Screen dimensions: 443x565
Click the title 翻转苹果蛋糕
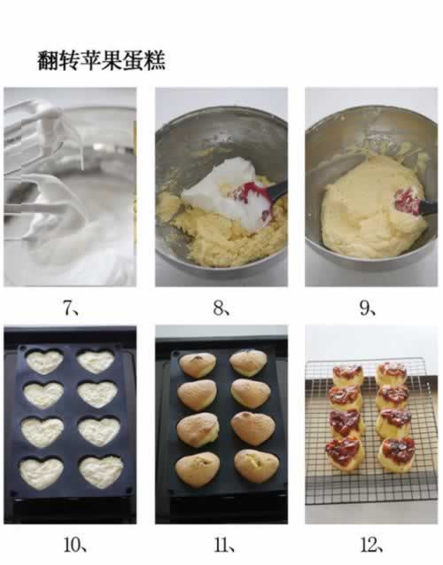coord(102,60)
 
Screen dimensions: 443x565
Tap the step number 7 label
coord(71,308)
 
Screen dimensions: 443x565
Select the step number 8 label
coord(221,308)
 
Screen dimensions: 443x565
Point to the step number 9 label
coord(368,308)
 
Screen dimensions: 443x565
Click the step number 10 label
coord(75,545)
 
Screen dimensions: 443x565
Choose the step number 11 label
coord(224,545)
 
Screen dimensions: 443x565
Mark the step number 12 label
coord(372,545)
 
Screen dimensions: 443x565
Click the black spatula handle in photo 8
coord(276,190)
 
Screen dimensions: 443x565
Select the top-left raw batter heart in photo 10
coord(44,362)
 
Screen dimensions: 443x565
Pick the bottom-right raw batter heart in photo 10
coord(101,472)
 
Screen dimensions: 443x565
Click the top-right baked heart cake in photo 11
coord(249,362)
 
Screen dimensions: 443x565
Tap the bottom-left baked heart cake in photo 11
coord(198,469)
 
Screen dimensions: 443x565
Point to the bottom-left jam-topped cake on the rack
coord(345,453)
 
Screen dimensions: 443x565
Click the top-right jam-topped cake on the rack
coord(392,373)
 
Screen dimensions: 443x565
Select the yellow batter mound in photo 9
coord(374,208)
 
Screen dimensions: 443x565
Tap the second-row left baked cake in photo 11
coord(197,396)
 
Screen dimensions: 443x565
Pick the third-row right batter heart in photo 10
coord(99,431)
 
